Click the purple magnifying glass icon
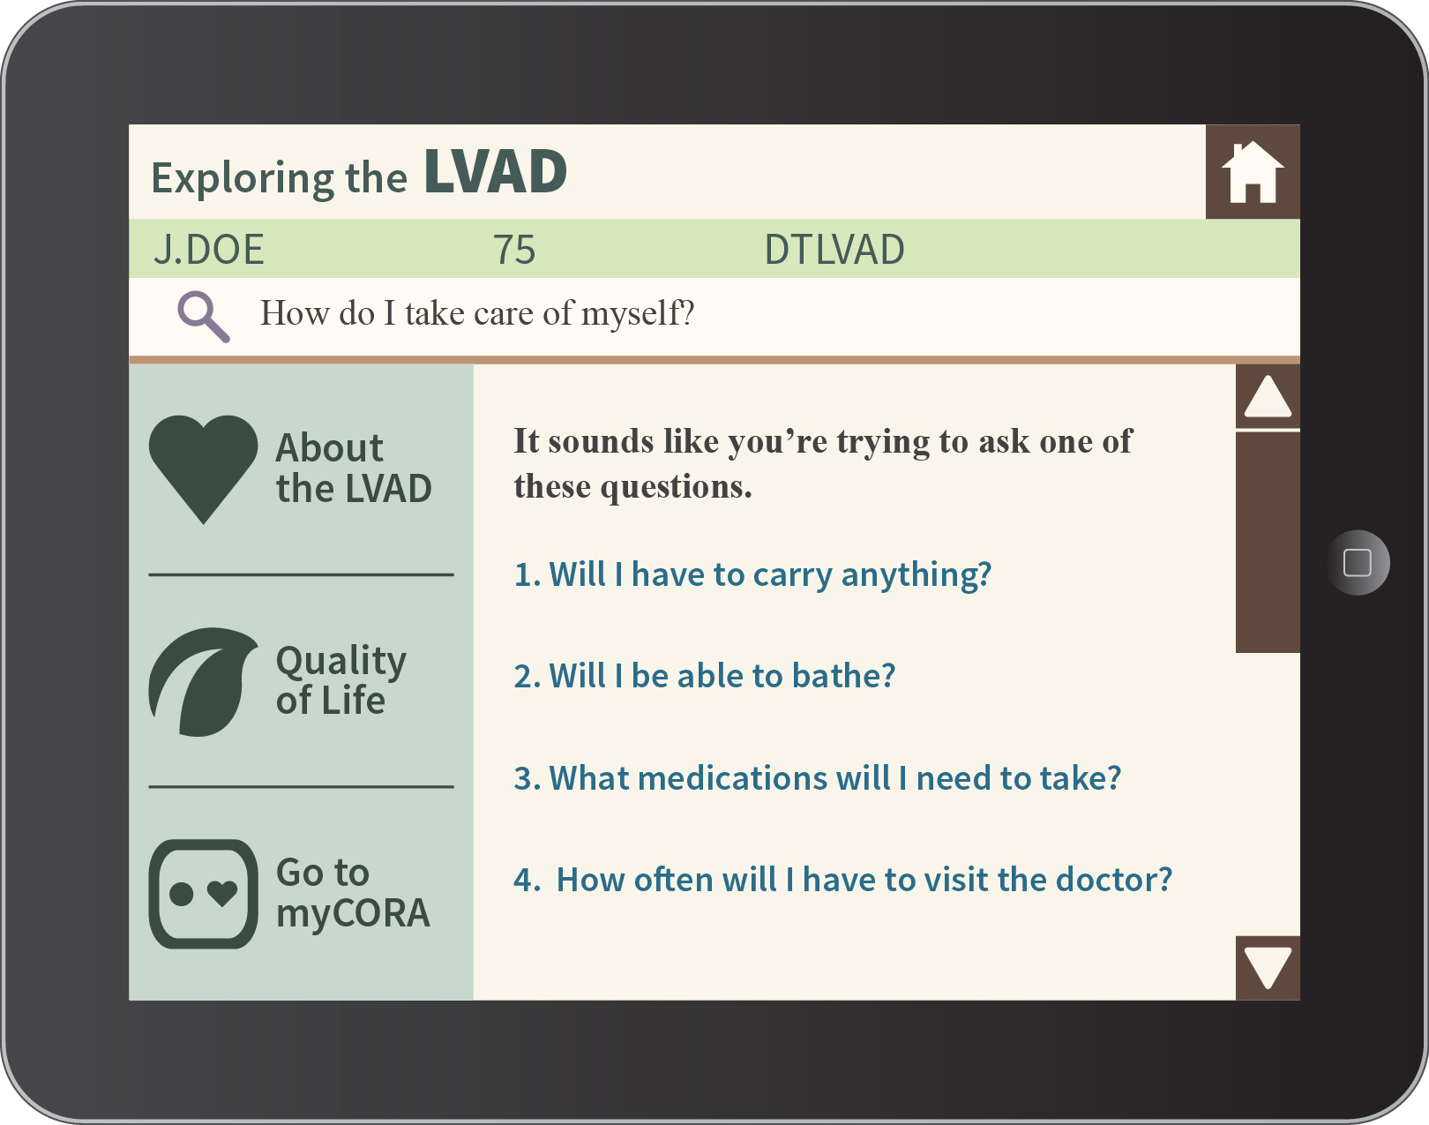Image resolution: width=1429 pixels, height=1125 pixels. [x=203, y=317]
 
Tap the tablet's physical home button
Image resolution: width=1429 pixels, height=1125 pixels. [x=1358, y=562]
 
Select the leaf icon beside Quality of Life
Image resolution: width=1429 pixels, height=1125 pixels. [x=203, y=682]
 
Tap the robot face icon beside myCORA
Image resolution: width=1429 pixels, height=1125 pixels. [x=203, y=894]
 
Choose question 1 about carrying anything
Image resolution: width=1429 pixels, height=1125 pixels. [x=752, y=574]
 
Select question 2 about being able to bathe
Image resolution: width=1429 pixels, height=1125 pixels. [x=705, y=676]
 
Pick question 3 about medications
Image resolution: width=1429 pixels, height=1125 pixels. [x=818, y=778]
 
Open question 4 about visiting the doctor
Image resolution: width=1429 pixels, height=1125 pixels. [x=843, y=880]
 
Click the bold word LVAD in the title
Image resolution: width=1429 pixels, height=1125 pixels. [x=496, y=172]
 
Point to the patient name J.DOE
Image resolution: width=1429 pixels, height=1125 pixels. [x=208, y=249]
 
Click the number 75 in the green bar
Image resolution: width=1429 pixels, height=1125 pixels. [x=514, y=249]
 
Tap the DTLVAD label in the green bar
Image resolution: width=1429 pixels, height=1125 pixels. [x=834, y=249]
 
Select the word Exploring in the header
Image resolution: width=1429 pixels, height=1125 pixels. [x=243, y=178]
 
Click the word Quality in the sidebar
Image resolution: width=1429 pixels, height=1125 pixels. [x=341, y=661]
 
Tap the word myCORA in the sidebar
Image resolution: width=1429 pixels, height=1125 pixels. [x=353, y=914]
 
